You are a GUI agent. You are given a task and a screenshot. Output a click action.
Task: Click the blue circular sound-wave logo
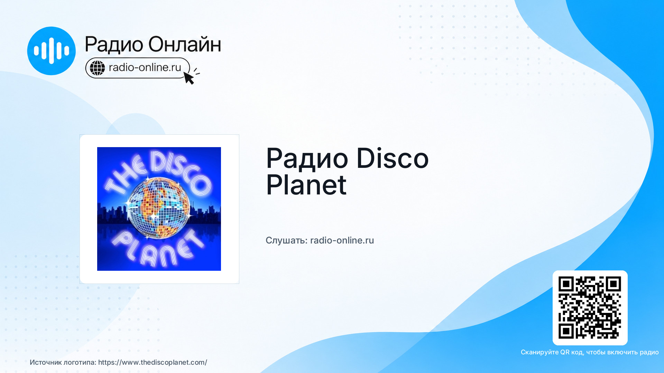coord(51,51)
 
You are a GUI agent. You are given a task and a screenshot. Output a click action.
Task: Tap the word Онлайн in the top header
coord(185,44)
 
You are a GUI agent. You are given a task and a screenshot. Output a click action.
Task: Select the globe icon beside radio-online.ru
coord(97,68)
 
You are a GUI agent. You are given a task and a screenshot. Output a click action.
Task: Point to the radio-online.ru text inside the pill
coord(145,67)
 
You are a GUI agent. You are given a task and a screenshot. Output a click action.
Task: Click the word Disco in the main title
coord(392,158)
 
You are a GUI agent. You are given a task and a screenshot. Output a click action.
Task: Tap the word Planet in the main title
coord(306,185)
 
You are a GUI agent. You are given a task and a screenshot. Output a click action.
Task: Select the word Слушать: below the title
coord(286,240)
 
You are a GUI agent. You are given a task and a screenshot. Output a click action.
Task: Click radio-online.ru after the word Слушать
coord(342,240)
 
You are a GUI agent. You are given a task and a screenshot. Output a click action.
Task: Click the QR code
coord(590,308)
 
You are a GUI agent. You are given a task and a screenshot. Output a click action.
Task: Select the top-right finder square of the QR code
coord(613,284)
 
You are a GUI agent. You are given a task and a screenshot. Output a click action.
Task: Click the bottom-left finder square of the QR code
coord(566,331)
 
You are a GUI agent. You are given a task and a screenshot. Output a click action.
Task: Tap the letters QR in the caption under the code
coord(565,352)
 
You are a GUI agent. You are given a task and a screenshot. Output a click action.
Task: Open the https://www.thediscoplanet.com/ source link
coord(153,362)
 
